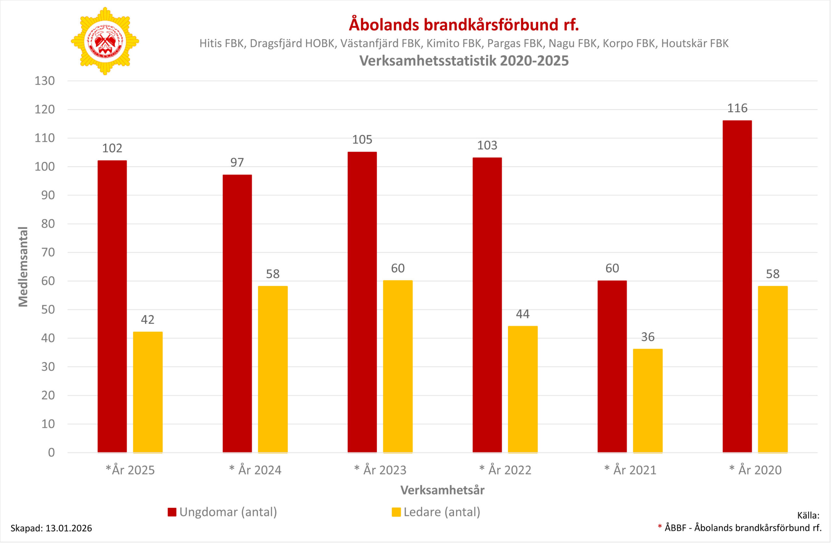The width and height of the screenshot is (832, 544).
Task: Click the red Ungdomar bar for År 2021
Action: click(x=612, y=367)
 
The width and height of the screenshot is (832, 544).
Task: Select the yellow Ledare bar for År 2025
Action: click(x=148, y=392)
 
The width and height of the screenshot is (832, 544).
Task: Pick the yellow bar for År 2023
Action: click(x=397, y=367)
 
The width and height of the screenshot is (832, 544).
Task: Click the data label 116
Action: click(x=737, y=108)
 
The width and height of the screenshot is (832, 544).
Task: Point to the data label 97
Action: click(x=237, y=162)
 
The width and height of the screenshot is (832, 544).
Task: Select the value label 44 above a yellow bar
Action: click(x=523, y=314)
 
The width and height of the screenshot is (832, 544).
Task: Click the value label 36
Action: click(x=647, y=337)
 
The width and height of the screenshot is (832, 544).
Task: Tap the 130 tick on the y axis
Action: click(x=45, y=81)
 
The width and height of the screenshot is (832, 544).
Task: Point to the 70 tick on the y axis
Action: click(x=48, y=253)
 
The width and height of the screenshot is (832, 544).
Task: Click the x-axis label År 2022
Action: click(x=505, y=470)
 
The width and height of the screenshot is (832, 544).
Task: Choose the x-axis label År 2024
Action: click(x=255, y=470)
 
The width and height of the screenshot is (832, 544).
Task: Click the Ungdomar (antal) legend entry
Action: click(x=222, y=512)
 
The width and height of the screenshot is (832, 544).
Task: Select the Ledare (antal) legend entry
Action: click(x=436, y=512)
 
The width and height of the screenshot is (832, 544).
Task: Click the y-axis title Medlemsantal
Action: click(x=23, y=267)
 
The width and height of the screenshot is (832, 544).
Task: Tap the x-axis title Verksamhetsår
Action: click(x=442, y=490)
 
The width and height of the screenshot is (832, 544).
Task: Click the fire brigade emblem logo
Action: click(x=105, y=41)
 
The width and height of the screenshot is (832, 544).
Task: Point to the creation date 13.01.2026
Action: click(x=69, y=528)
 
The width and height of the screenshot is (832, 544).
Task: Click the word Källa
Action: click(x=808, y=515)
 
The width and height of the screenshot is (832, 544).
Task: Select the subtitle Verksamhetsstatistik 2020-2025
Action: click(x=464, y=61)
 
